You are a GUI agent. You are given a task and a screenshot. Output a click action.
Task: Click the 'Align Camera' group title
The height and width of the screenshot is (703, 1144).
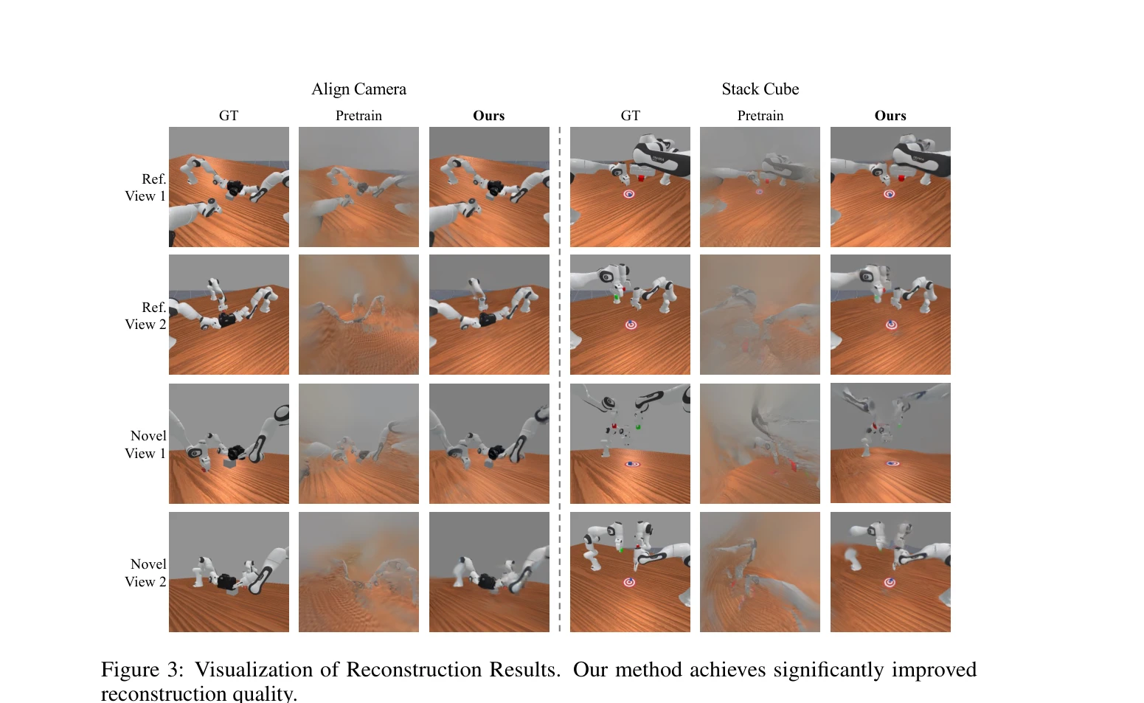pos(358,89)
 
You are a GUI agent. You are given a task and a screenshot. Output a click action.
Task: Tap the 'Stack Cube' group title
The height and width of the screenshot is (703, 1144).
pos(760,89)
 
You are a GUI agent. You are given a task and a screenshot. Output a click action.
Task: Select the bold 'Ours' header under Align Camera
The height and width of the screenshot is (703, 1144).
pos(489,116)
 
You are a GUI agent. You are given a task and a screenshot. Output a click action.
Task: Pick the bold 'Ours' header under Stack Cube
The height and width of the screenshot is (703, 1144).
pos(890,116)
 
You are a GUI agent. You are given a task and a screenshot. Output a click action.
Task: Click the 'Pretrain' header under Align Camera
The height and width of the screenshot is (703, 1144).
pos(358,116)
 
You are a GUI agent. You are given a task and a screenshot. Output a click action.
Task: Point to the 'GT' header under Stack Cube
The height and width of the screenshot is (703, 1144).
pos(630,116)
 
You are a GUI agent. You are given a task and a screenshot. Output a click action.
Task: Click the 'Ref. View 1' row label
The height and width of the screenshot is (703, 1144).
pos(145,187)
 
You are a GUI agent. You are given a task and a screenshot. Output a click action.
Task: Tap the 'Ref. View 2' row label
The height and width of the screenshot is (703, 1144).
pos(145,316)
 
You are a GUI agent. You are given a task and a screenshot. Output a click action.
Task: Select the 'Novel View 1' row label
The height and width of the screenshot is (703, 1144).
pos(145,445)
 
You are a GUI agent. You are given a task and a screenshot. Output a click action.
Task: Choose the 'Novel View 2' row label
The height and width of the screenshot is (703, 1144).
pos(145,572)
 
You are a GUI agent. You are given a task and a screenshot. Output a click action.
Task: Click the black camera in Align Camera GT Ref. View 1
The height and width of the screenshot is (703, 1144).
pos(235,187)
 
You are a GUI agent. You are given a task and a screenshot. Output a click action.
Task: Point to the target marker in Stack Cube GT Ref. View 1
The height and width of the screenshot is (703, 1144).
pos(628,194)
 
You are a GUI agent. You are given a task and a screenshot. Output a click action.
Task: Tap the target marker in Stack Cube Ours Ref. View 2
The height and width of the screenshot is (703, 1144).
pos(891,325)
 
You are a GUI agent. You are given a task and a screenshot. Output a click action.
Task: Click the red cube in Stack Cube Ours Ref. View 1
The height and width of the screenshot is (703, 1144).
pos(901,179)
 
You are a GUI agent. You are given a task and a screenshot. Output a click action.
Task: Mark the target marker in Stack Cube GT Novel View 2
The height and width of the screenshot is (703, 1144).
pos(629,582)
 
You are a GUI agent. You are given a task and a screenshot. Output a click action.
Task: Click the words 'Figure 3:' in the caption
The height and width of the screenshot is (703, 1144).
pos(142,670)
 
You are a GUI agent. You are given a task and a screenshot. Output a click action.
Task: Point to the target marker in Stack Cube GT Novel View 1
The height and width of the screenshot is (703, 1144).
pos(632,464)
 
